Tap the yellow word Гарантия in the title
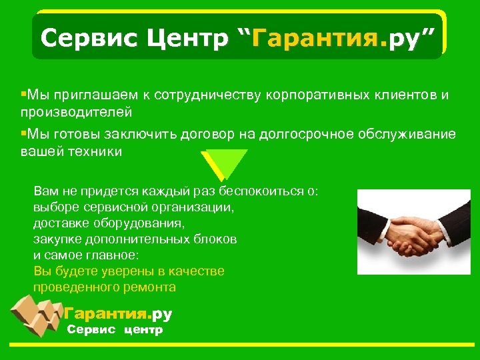311,39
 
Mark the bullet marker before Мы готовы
23,133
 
